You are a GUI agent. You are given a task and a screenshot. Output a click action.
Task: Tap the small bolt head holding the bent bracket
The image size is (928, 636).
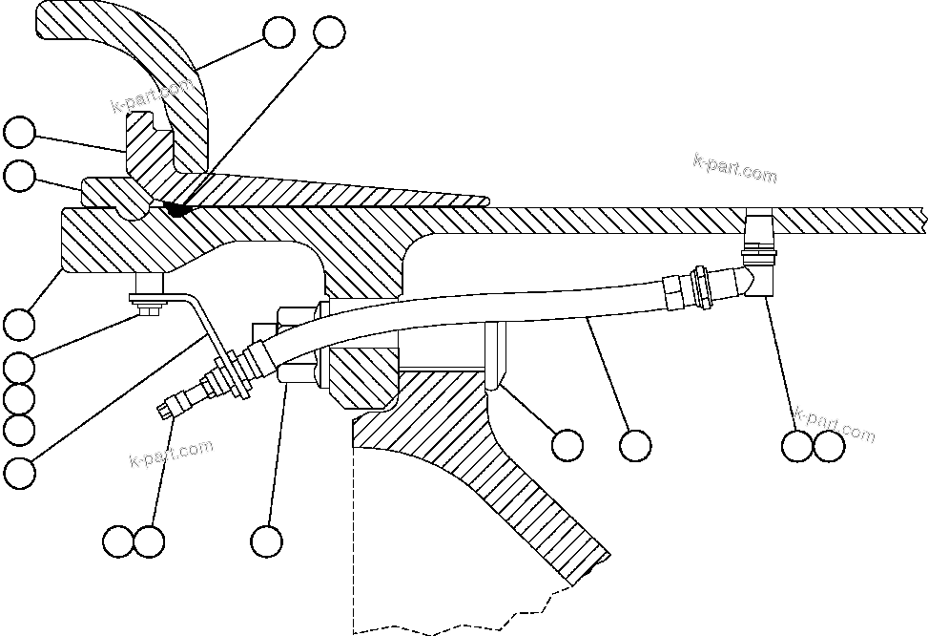click(148, 306)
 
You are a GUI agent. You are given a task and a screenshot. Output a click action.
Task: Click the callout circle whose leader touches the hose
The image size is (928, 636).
click(634, 444)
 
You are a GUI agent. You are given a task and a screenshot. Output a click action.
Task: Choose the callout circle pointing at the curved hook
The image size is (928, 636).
click(278, 32)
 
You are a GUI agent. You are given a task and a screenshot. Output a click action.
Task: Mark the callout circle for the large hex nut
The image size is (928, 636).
click(267, 541)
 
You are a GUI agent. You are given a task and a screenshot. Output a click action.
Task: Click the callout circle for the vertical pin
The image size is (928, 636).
click(567, 444)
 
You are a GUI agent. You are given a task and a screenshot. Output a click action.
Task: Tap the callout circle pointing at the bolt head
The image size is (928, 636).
click(19, 367)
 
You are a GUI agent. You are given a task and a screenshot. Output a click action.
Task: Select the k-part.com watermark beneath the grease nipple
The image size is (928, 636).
click(172, 454)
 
